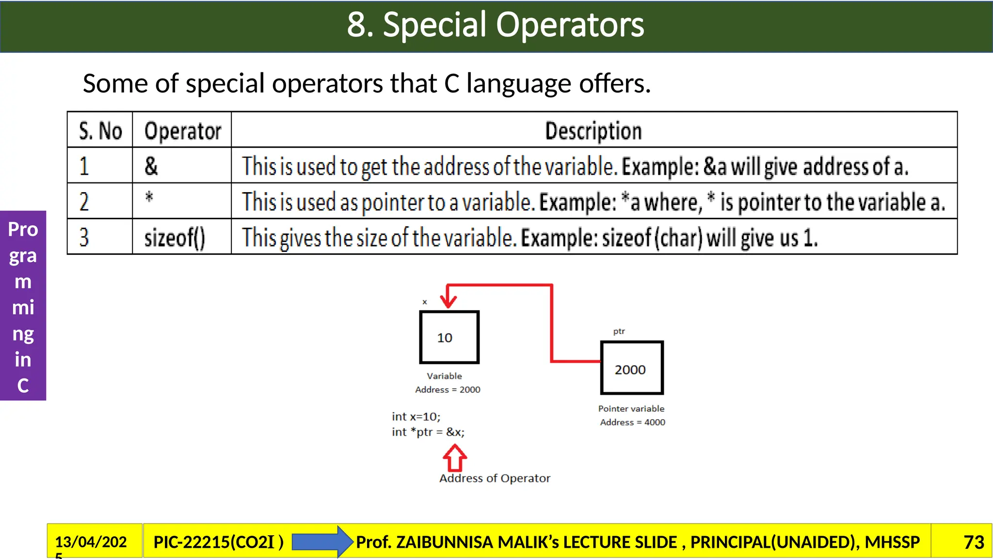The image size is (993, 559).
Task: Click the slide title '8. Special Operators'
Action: pos(496,25)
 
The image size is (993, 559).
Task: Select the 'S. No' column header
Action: pos(100,131)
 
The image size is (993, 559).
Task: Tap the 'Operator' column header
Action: pos(183,131)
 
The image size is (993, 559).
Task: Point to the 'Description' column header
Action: pos(593,131)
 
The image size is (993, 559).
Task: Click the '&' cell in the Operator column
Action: pos(151,166)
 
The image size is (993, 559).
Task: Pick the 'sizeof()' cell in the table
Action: pos(175,238)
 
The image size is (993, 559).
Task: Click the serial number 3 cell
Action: pos(84,238)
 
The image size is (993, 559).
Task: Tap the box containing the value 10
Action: pos(449,337)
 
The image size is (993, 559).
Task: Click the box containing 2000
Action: pos(631,368)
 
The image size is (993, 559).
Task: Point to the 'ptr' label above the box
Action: pos(619,331)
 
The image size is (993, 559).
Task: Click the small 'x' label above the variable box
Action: pos(425,302)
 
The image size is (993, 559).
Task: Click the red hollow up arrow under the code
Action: pos(455,459)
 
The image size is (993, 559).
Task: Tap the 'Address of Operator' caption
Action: pos(495,478)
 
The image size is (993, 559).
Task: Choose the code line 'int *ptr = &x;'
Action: pos(428,432)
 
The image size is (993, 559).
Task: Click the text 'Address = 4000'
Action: pos(632,422)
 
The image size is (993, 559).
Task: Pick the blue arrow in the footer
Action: pos(321,542)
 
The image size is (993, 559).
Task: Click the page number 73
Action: pos(974,542)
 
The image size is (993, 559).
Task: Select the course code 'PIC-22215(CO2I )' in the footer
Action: pos(218,542)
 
